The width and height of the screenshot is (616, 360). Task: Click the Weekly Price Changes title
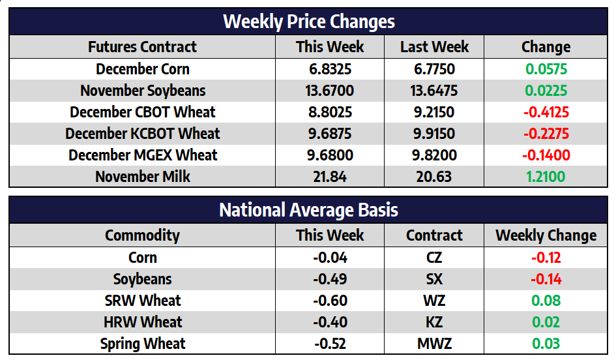pyautogui.click(x=308, y=22)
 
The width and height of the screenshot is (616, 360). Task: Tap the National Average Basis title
pyautogui.click(x=308, y=210)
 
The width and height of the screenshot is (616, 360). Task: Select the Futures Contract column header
pyautogui.click(x=142, y=47)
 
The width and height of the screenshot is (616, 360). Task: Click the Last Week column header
pyautogui.click(x=434, y=47)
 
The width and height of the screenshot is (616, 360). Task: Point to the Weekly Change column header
pyautogui.click(x=546, y=235)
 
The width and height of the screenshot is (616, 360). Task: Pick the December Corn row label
pyautogui.click(x=142, y=69)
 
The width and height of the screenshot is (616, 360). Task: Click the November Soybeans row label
pyautogui.click(x=142, y=91)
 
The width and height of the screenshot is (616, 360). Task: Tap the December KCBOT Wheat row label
pyautogui.click(x=142, y=134)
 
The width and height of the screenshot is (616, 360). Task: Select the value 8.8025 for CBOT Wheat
pyautogui.click(x=330, y=112)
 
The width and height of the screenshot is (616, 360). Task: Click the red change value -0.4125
pyautogui.click(x=546, y=112)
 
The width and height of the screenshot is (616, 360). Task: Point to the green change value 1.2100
pyautogui.click(x=546, y=177)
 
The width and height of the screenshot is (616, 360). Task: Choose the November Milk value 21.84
pyautogui.click(x=330, y=177)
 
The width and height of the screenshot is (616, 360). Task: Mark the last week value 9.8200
pyautogui.click(x=434, y=155)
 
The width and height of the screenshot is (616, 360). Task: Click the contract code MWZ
pyautogui.click(x=434, y=344)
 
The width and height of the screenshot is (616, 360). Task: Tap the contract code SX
pyautogui.click(x=434, y=279)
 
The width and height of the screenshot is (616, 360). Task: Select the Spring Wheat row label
pyautogui.click(x=142, y=344)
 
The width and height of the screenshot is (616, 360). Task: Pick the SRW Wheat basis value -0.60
pyautogui.click(x=330, y=301)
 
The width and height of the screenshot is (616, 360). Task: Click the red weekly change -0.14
pyautogui.click(x=546, y=279)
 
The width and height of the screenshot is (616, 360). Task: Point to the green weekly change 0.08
pyautogui.click(x=546, y=301)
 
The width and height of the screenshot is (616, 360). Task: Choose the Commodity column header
pyautogui.click(x=142, y=235)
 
